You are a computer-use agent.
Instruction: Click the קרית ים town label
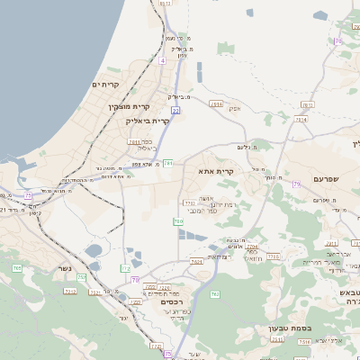[106, 85]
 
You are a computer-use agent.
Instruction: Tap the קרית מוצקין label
[127, 107]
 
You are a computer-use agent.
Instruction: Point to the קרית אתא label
[216, 170]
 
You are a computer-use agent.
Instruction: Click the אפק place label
[233, 108]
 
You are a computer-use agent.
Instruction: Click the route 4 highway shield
[163, 60]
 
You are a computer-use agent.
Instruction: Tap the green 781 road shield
[168, 163]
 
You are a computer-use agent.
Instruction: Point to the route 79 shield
[295, 184]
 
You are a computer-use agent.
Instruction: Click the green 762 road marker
[214, 294]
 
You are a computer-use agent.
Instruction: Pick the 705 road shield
[16, 268]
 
